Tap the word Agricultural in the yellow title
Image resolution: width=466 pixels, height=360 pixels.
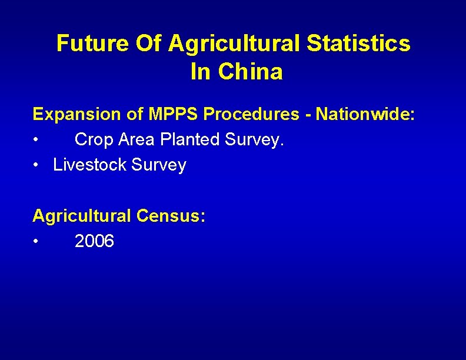(234, 44)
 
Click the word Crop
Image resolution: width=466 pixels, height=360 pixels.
(94, 140)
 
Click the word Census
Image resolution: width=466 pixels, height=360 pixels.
(171, 216)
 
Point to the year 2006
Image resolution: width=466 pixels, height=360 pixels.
(95, 241)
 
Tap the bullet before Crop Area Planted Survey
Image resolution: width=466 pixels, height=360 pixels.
(36, 141)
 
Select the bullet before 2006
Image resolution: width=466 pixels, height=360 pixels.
(36, 242)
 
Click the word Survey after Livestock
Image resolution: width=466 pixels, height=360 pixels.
(159, 165)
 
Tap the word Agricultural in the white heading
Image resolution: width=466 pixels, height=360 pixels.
(82, 216)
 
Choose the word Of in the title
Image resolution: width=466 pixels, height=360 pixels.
(154, 44)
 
